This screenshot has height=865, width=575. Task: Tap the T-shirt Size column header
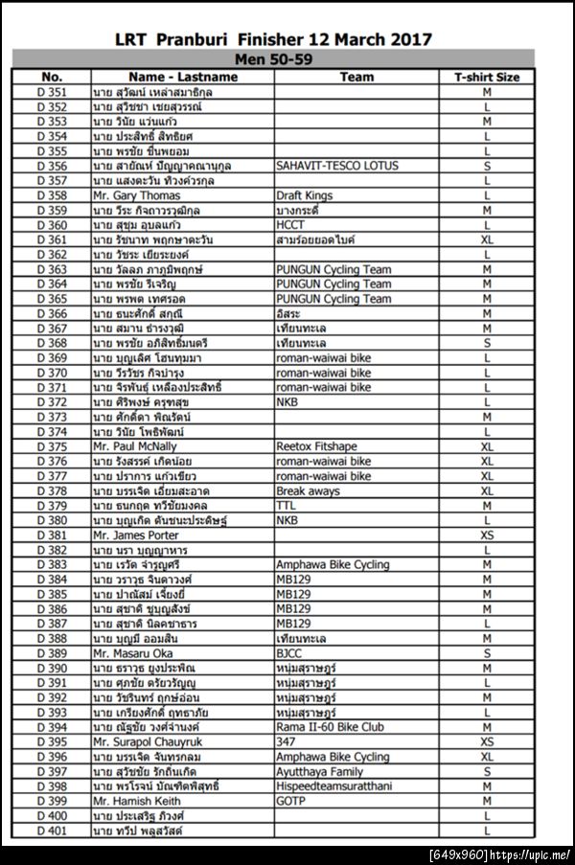click(x=487, y=76)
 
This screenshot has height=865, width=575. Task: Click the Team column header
click(x=356, y=76)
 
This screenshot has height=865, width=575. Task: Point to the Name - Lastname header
click(x=182, y=76)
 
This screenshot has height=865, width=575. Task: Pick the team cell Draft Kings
click(x=305, y=195)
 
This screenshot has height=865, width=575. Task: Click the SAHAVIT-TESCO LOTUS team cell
click(x=333, y=166)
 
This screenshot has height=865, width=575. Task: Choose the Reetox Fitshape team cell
click(x=315, y=446)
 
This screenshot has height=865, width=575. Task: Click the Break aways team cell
click(x=308, y=490)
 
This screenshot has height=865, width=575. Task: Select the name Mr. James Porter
click(x=135, y=535)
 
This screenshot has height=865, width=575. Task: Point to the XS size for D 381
click(x=487, y=535)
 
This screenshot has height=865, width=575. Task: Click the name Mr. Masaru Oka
click(x=132, y=652)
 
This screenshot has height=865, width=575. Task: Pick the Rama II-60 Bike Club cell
click(x=330, y=726)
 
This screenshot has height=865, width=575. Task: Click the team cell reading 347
click(x=286, y=741)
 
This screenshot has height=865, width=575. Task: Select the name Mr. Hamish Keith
click(x=136, y=800)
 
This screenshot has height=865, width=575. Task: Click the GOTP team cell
click(x=290, y=800)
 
